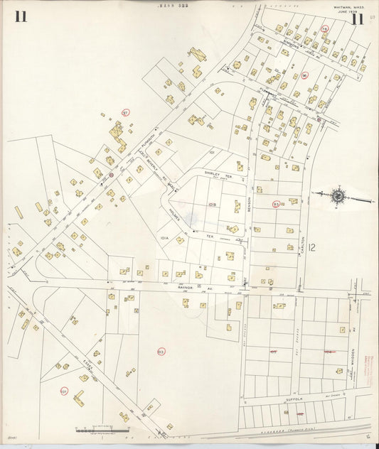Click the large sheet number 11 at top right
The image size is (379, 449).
point(356,18)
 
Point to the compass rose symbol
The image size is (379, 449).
point(339,196)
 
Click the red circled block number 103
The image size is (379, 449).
point(161,351)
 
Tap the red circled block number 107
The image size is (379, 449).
point(64,391)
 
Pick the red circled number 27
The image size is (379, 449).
point(126,112)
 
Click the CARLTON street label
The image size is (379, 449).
point(302,227)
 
